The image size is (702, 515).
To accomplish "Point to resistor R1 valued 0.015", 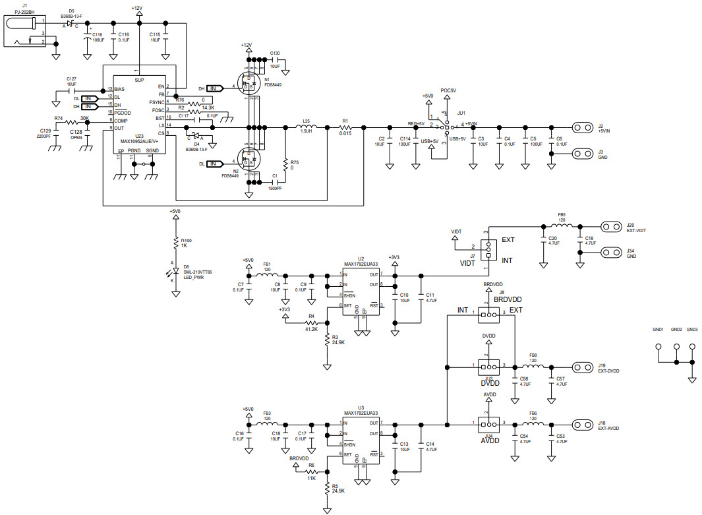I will [345, 128].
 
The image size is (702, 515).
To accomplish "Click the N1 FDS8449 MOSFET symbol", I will [249, 84].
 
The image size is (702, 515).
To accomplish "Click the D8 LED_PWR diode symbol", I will [175, 271].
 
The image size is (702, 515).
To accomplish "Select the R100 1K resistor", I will [175, 242].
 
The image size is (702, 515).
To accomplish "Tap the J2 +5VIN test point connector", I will [582, 128].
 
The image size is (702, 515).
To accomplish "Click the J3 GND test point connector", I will [582, 154].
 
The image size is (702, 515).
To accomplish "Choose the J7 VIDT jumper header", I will [488, 250].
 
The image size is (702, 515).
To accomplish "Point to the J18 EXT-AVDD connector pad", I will [582, 423].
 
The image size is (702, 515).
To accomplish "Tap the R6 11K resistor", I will [312, 471].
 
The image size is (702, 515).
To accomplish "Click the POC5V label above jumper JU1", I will [448, 90].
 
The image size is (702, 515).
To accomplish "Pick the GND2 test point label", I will [676, 329].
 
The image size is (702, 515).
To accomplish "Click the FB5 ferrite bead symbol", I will [562, 226].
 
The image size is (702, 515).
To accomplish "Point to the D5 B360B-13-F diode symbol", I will [70, 24].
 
